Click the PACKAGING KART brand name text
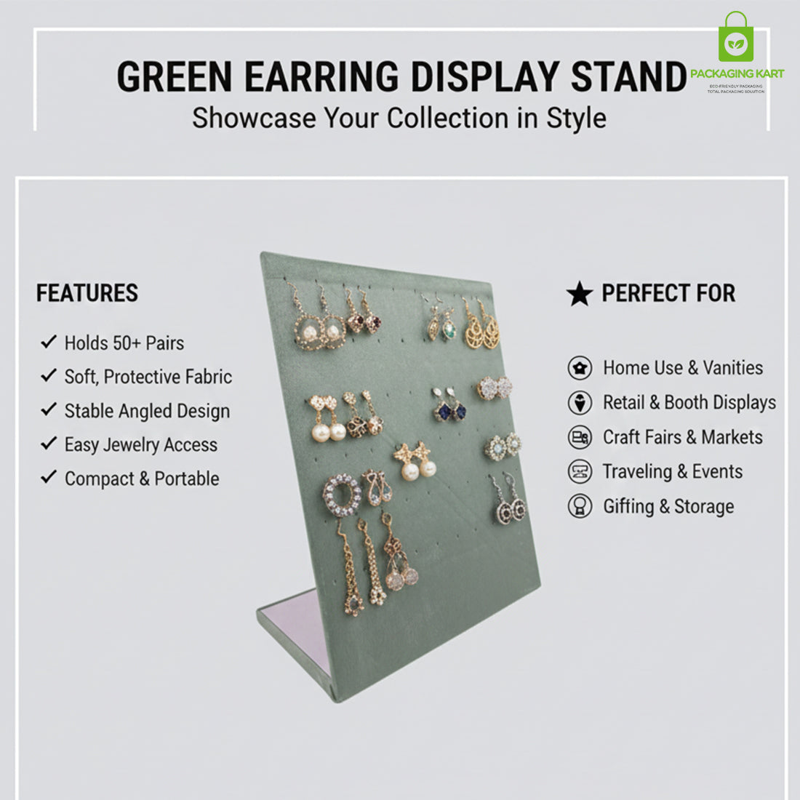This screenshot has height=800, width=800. [737, 74]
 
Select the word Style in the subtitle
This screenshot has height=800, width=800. [576, 118]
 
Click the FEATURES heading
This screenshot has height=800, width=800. [87, 293]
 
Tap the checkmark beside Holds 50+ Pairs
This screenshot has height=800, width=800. [49, 342]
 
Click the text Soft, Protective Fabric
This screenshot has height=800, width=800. [148, 377]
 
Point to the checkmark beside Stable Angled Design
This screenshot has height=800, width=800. [49, 409]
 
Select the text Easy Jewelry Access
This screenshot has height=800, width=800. [141, 444]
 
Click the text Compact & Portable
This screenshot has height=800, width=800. [142, 479]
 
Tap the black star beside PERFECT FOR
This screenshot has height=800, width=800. [580, 294]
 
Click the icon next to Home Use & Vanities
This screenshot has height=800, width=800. [580, 368]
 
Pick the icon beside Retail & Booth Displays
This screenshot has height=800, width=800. [580, 402]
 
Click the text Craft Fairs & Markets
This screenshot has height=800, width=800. [683, 437]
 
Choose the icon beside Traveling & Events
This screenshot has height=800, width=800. [580, 471]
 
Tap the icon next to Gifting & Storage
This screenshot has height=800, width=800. [580, 506]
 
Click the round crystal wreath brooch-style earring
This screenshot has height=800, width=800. [342, 495]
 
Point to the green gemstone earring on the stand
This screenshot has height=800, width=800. [449, 328]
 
